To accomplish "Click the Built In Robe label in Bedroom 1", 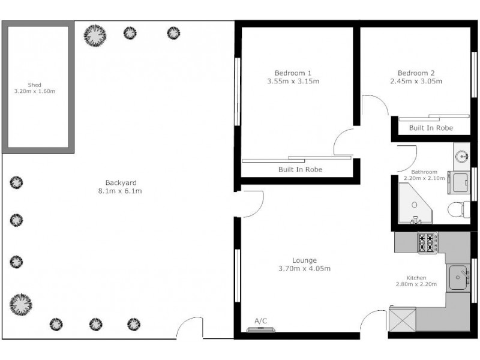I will (300, 170).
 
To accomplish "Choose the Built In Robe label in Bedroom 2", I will (430, 128).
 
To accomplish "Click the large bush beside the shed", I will (94, 35).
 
